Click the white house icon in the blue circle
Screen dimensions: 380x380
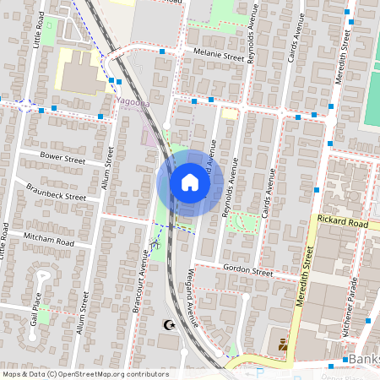pos(190,182)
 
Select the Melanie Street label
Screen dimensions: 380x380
pos(218,56)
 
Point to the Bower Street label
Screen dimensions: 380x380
pos(63,158)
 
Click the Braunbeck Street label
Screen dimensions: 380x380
pos(56,191)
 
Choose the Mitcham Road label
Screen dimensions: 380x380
pos(49,238)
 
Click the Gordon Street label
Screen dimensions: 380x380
pos(247,272)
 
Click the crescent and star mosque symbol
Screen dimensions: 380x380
pos(166,324)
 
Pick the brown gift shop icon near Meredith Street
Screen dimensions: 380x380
pos(282,345)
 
